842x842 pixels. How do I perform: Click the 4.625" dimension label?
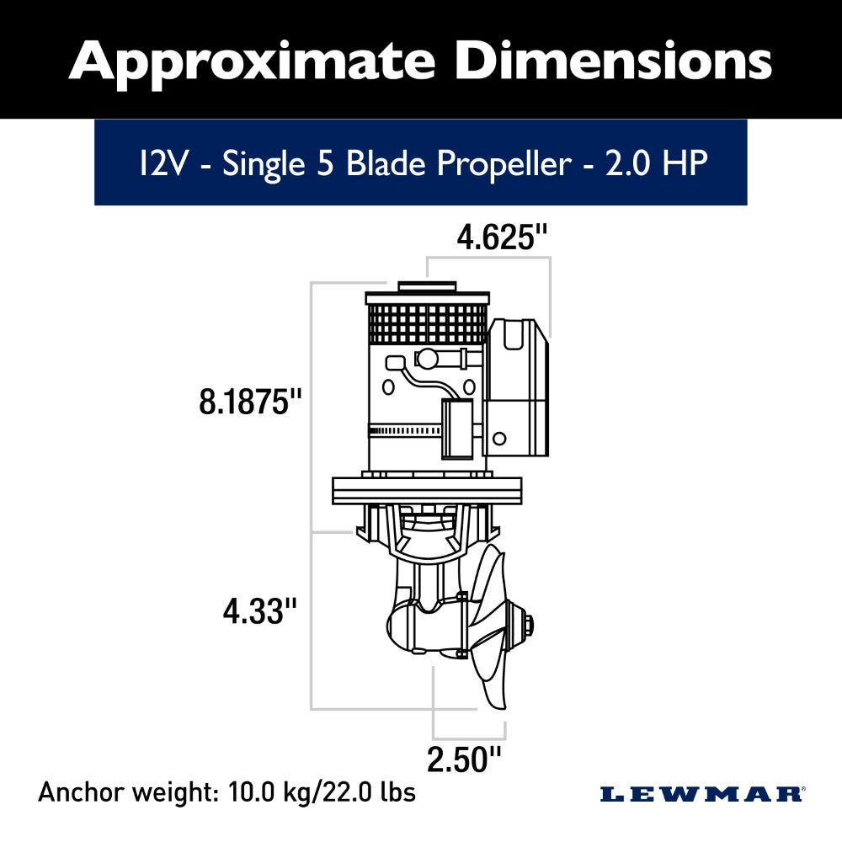[502, 238]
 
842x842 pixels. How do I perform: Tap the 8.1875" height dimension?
[250, 402]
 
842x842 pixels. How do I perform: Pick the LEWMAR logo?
[702, 793]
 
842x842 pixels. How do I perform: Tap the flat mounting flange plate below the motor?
[428, 490]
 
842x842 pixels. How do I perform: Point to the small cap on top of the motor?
[427, 286]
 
